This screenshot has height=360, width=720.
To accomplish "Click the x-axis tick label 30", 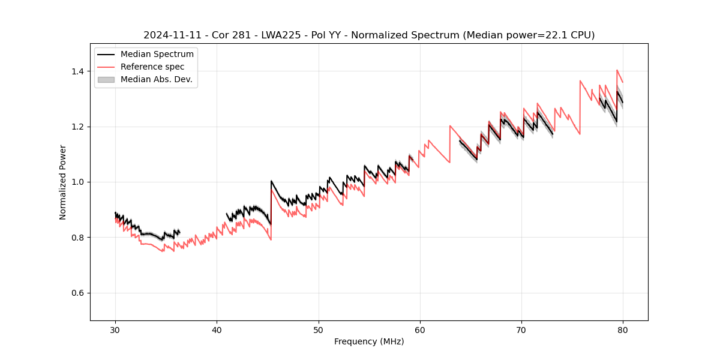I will tap(116, 329).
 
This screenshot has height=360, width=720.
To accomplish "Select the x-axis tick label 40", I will tap(217, 329).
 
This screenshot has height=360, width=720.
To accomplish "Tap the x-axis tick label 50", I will tap(319, 329).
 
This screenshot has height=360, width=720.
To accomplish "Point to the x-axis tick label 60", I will tap(420, 329).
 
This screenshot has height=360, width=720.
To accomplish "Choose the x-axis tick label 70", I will tap(521, 329).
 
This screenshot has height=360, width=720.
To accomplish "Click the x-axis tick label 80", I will tap(623, 329).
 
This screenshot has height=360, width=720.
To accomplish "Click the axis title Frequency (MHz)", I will tap(369, 341).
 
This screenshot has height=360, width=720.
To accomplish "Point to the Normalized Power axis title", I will tap(62, 182).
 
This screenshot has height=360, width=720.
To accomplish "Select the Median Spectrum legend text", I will tap(157, 55).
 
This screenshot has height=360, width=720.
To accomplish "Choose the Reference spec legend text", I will tap(152, 67).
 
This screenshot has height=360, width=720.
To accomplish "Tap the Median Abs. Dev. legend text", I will tap(156, 79).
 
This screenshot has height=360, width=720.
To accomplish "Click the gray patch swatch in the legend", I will tap(106, 79).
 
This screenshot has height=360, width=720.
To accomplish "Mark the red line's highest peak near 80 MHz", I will tap(617, 70).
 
